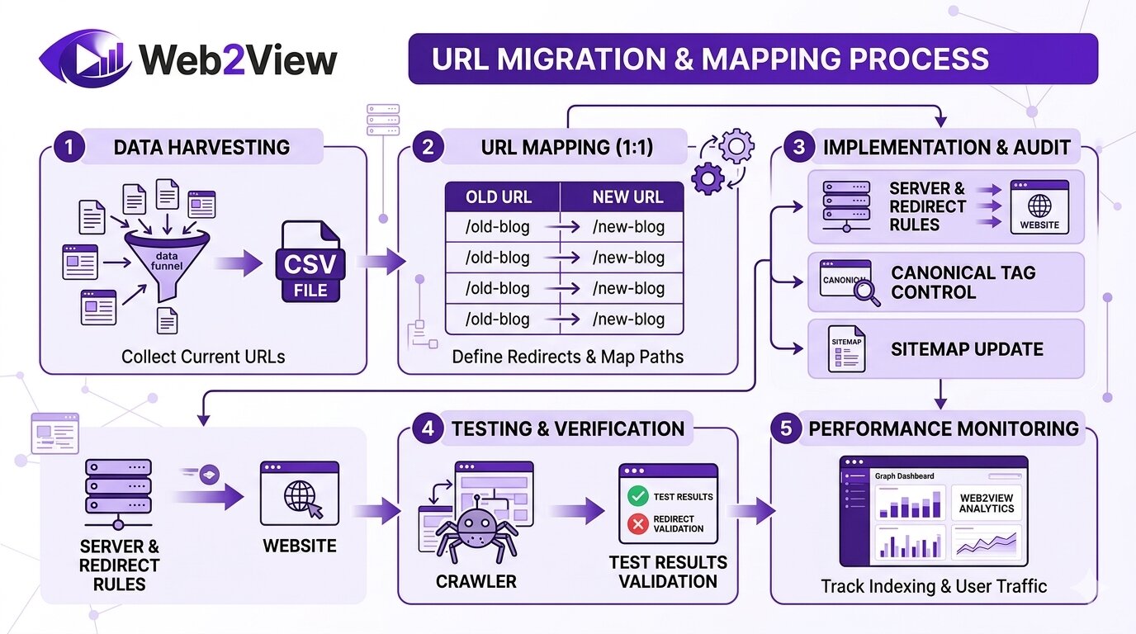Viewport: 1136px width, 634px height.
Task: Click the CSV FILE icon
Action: (x=310, y=263)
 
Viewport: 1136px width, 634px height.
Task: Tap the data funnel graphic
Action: (x=168, y=255)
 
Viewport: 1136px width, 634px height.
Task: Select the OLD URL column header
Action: (x=499, y=197)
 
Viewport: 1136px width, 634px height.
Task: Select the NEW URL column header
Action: (x=627, y=197)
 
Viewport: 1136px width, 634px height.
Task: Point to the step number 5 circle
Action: (x=786, y=428)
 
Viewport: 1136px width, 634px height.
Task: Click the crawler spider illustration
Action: (x=476, y=529)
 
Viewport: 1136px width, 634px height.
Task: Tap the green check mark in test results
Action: (x=637, y=496)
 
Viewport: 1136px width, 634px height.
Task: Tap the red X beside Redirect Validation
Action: (x=637, y=523)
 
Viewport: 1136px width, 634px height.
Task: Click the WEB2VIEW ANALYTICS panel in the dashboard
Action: (x=986, y=504)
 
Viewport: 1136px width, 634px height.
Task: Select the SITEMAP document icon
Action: (x=847, y=348)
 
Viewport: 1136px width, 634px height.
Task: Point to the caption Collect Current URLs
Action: (x=203, y=357)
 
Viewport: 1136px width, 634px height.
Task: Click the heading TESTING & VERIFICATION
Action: (x=567, y=428)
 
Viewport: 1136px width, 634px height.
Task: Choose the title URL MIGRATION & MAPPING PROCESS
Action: (x=711, y=59)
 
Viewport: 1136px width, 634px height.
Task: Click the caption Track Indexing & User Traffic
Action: (x=934, y=586)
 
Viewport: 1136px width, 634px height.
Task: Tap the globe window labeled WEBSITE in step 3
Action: (x=1039, y=207)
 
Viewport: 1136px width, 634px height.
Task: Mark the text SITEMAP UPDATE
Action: (x=967, y=349)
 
